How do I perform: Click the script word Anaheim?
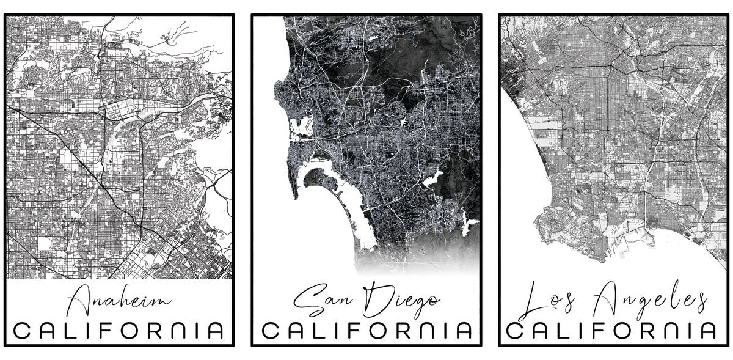coord(119,302)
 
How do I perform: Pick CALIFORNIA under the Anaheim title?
coord(119,331)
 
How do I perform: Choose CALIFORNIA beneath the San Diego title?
coord(366,331)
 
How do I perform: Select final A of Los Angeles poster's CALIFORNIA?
coord(707,331)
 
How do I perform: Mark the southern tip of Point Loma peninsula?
coord(295,197)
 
